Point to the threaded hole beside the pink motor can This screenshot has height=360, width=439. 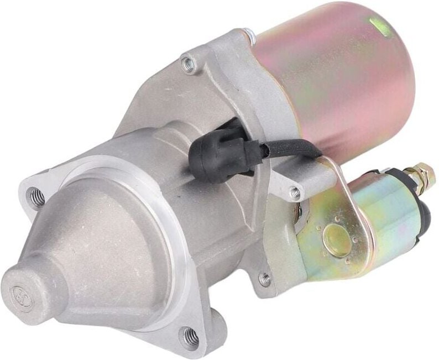tap(189, 65)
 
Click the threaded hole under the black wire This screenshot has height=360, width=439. tap(295, 193)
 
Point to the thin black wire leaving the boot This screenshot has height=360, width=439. tap(288, 147)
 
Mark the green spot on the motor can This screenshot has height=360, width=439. tap(380, 23)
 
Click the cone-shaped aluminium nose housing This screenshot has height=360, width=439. tap(100, 260)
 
